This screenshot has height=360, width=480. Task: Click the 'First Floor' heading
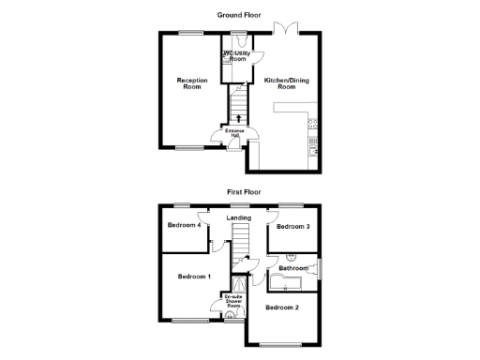pos(242,191)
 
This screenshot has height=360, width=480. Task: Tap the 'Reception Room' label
pos(192,83)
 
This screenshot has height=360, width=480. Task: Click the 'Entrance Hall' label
pos(233,133)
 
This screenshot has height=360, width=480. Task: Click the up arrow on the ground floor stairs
pos(238,118)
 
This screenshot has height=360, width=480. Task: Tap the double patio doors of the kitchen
pos(285,29)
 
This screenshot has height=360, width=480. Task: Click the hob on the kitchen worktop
pos(314,122)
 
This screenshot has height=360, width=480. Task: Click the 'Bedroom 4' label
pos(184,226)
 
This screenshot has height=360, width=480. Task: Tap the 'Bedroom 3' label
pos(293,227)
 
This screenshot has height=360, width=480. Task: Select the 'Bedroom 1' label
pos(195,277)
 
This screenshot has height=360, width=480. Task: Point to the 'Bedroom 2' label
pos(282,307)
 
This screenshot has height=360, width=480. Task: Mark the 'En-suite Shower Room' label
pos(233,301)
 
